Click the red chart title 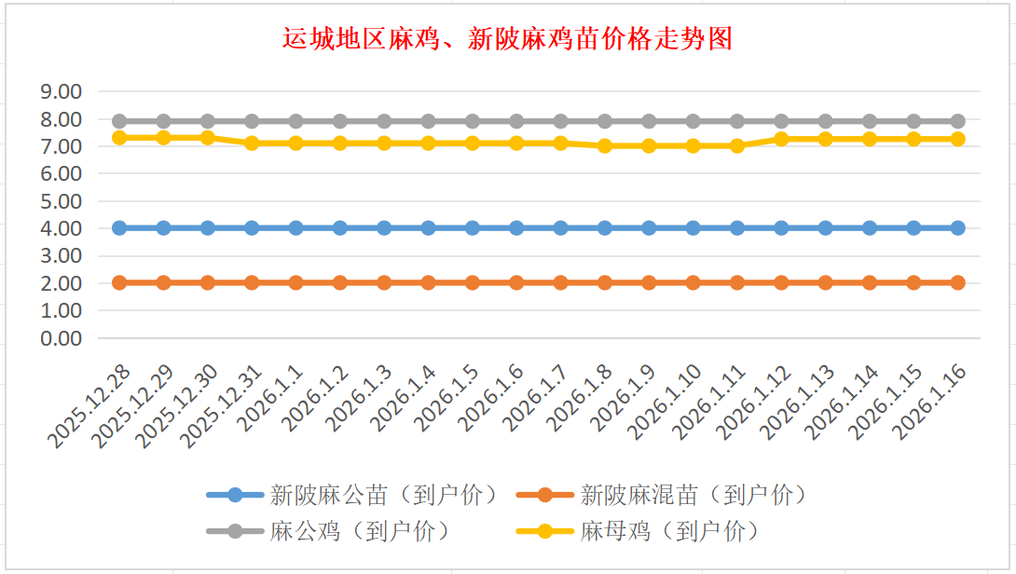click(508, 39)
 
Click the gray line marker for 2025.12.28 click(119, 121)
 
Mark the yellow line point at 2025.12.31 click(252, 143)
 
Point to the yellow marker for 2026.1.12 click(781, 139)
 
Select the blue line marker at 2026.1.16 click(957, 228)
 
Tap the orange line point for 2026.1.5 click(473, 282)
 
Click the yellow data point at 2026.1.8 click(605, 145)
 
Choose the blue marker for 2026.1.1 click(295, 228)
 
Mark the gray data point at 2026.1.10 click(693, 121)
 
